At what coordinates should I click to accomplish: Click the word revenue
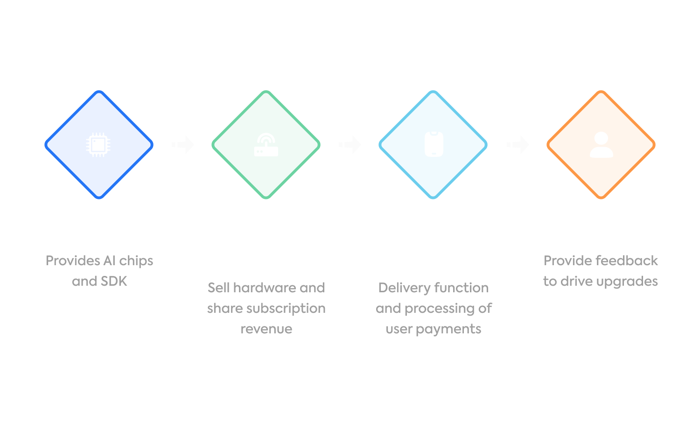tap(266, 329)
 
